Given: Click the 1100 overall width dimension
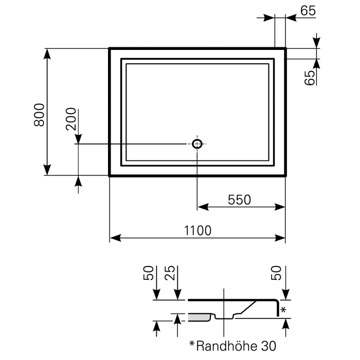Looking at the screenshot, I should [197, 230].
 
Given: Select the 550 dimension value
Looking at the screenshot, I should [240, 200].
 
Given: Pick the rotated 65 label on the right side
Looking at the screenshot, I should [310, 77].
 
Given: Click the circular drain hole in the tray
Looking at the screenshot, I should [197, 144].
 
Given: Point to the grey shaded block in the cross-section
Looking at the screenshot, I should [199, 317].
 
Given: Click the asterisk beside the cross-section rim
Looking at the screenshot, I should [283, 310].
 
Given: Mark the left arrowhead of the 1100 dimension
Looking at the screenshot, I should [114, 238].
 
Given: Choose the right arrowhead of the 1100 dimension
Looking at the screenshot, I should [281, 238].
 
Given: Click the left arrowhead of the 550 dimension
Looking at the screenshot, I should [202, 207].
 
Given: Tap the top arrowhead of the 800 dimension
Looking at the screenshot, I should [47, 53].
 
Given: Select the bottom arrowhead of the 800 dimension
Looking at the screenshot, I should [47, 171].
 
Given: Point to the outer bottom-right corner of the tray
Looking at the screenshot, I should [285, 175].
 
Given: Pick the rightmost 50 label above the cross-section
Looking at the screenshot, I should [278, 273].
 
